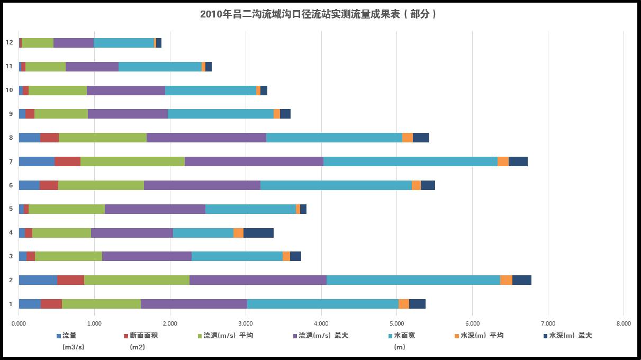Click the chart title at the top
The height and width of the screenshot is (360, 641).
click(x=320, y=14)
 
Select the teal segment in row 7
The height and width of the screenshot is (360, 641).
click(x=410, y=161)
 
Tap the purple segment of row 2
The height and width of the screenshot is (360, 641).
click(x=258, y=280)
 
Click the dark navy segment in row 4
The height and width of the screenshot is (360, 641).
click(x=258, y=233)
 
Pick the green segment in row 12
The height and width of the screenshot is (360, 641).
click(x=38, y=43)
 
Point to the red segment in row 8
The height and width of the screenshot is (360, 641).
click(x=49, y=138)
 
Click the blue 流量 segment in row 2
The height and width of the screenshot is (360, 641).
click(x=38, y=280)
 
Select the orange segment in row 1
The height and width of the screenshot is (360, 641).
click(x=403, y=304)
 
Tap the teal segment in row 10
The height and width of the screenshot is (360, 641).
click(x=211, y=91)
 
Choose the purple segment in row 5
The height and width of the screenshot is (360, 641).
click(x=155, y=209)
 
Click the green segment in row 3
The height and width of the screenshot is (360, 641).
click(x=68, y=256)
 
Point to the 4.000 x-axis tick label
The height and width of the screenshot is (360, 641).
click(x=321, y=323)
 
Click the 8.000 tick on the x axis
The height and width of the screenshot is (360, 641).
click(x=623, y=323)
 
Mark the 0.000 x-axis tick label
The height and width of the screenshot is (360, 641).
click(x=19, y=323)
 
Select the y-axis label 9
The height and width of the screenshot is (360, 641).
click(x=10, y=114)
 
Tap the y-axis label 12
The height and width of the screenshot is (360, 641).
click(x=9, y=43)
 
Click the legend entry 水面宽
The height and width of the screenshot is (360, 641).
click(x=404, y=336)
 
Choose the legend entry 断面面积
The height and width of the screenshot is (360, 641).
click(x=144, y=336)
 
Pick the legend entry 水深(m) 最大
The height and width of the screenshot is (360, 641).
click(x=570, y=336)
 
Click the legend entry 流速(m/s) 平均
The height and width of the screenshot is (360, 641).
click(x=228, y=336)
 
